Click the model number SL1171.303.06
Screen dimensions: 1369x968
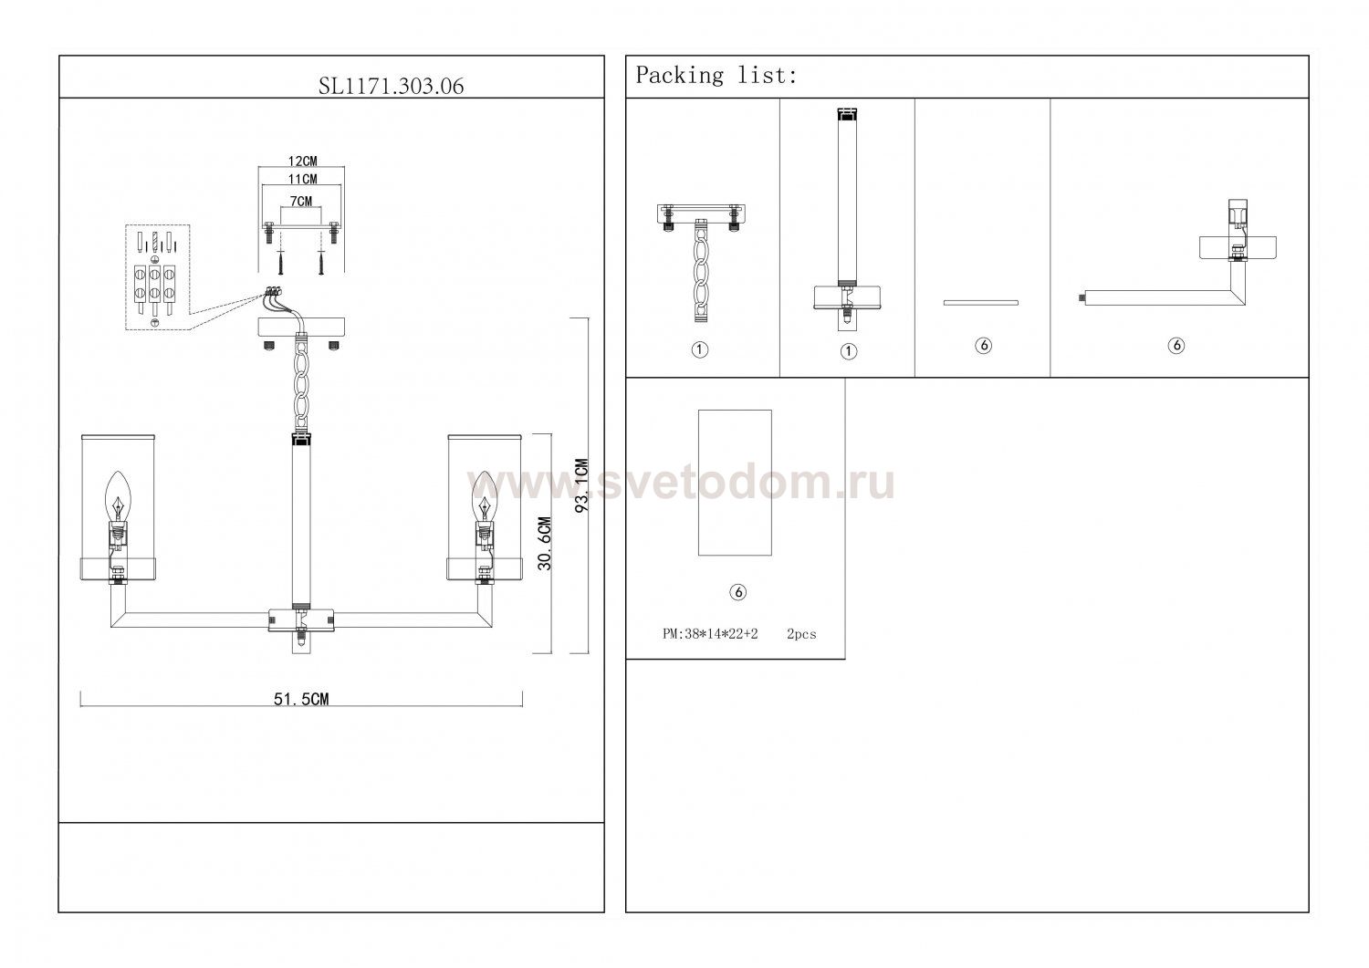tap(391, 86)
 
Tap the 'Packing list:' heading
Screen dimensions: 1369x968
tap(716, 75)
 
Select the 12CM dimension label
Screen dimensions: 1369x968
tap(302, 161)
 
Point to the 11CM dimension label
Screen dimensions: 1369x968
tap(302, 179)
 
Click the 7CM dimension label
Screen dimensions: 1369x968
tap(300, 201)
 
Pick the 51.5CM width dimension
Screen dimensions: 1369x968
tap(301, 699)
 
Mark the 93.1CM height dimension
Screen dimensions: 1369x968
tap(582, 486)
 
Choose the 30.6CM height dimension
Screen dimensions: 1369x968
tap(545, 543)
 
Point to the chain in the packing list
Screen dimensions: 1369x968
tap(700, 272)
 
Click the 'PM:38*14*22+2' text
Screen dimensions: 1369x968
tap(710, 634)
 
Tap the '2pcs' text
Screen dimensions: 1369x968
tap(801, 634)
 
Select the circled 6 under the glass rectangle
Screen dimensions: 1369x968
tap(737, 591)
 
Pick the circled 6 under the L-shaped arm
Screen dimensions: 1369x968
tap(1176, 345)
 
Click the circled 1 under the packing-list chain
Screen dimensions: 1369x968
tap(700, 349)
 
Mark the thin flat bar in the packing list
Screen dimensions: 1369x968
tap(981, 303)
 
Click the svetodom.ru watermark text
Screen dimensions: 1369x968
tap(680, 483)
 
